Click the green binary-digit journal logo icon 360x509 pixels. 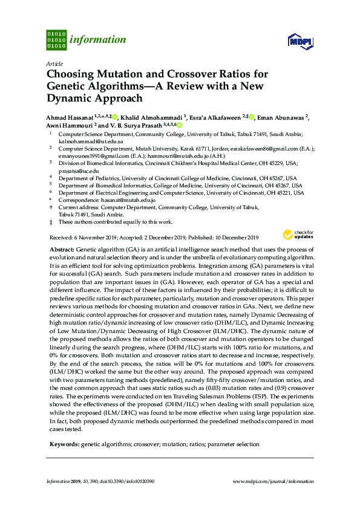pyautogui.click(x=56, y=40)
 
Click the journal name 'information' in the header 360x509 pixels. pyautogui.click(x=98, y=40)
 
